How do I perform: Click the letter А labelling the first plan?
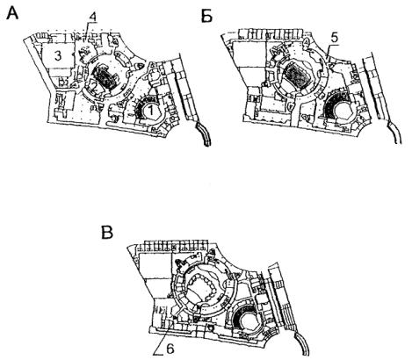click(x=12, y=13)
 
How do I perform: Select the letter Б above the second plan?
click(x=206, y=17)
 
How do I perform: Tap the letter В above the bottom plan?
click(x=107, y=233)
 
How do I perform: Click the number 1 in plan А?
click(x=151, y=111)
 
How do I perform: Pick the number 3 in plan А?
click(x=58, y=55)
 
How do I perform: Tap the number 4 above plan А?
click(x=93, y=18)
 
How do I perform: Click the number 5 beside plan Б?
click(x=335, y=39)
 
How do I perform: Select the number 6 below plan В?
click(x=170, y=349)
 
